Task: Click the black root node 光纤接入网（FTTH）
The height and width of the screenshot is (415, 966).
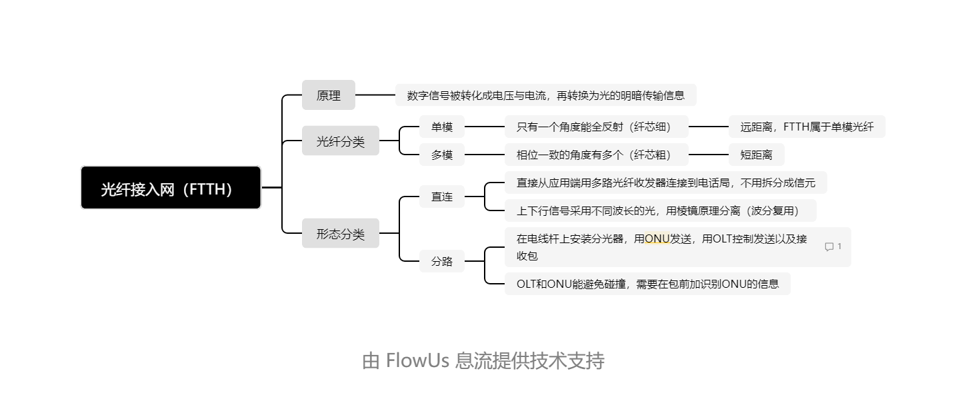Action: (x=171, y=187)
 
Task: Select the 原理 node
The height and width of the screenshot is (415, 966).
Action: (x=329, y=95)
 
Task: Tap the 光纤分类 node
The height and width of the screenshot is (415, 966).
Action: (x=341, y=141)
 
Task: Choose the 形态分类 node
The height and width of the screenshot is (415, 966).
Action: (x=341, y=233)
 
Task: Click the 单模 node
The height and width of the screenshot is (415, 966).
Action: (x=442, y=127)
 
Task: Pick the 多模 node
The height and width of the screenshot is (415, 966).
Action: (x=442, y=155)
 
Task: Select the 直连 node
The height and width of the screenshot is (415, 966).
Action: (x=442, y=197)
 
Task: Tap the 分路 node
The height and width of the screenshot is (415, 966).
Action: (x=442, y=261)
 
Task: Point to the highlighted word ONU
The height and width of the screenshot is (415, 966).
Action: (x=657, y=238)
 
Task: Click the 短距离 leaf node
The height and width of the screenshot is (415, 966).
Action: (x=757, y=155)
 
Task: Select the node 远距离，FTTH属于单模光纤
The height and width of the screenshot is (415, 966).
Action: (x=807, y=127)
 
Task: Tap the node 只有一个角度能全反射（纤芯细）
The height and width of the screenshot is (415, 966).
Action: (x=597, y=127)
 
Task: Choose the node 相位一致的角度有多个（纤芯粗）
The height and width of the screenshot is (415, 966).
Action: (x=597, y=155)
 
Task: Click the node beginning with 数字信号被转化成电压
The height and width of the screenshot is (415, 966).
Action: (x=546, y=95)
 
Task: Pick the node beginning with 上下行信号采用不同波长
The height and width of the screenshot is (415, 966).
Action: (x=661, y=210)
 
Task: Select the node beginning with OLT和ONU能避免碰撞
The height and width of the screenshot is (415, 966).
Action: (x=648, y=284)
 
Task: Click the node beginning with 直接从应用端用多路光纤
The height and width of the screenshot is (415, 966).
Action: (x=666, y=183)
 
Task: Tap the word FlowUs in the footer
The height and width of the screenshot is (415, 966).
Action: (x=417, y=360)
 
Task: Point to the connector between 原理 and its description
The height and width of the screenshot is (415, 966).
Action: (x=375, y=95)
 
